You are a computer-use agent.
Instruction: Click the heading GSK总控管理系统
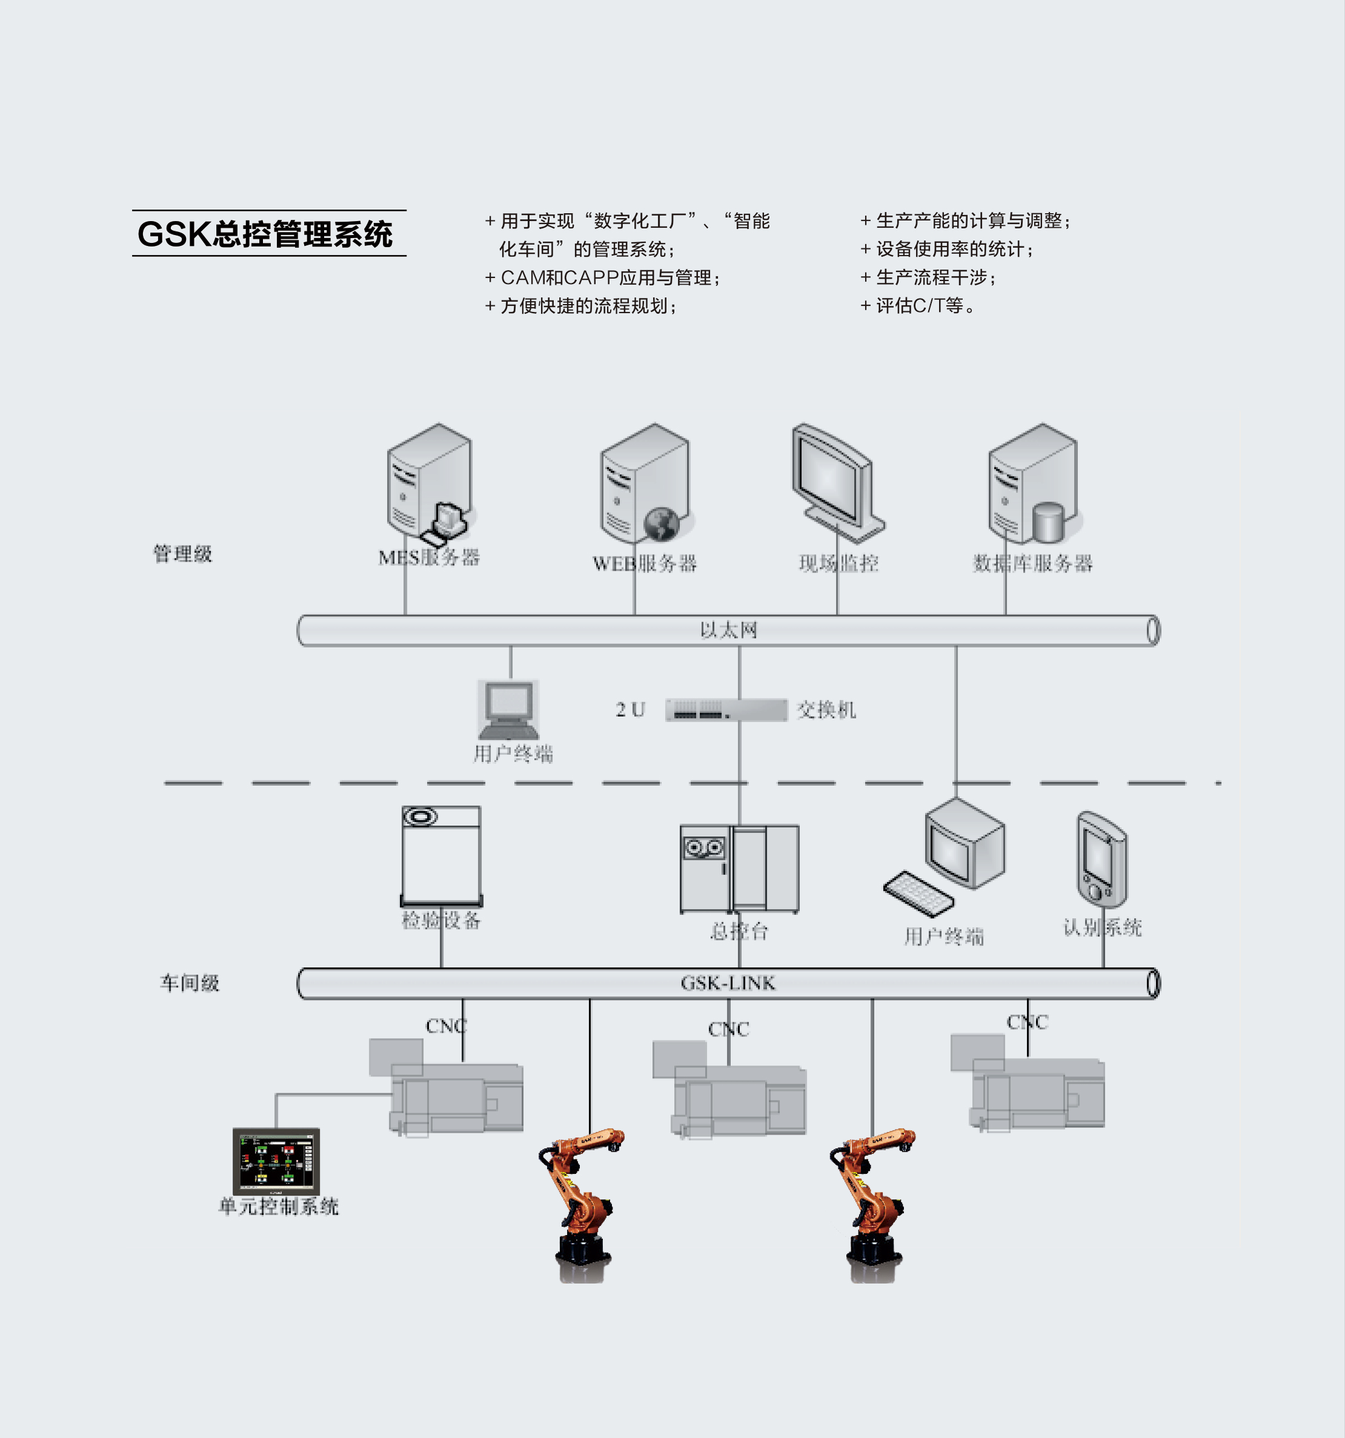(265, 234)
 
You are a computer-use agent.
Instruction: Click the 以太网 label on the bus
(728, 630)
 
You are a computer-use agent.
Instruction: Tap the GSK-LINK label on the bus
(728, 983)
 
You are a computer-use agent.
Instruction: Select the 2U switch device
(726, 709)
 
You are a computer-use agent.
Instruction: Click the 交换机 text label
(826, 709)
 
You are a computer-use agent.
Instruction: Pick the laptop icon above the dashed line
(509, 709)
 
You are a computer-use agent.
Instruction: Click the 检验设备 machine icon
(441, 857)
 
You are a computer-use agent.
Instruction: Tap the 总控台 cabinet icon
(739, 869)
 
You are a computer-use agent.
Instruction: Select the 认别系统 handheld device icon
(1101, 860)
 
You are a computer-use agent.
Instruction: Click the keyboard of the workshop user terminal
(918, 894)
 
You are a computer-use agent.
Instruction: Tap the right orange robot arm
(872, 1200)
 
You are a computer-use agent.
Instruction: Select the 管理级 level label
(182, 554)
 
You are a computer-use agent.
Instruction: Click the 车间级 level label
(190, 983)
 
